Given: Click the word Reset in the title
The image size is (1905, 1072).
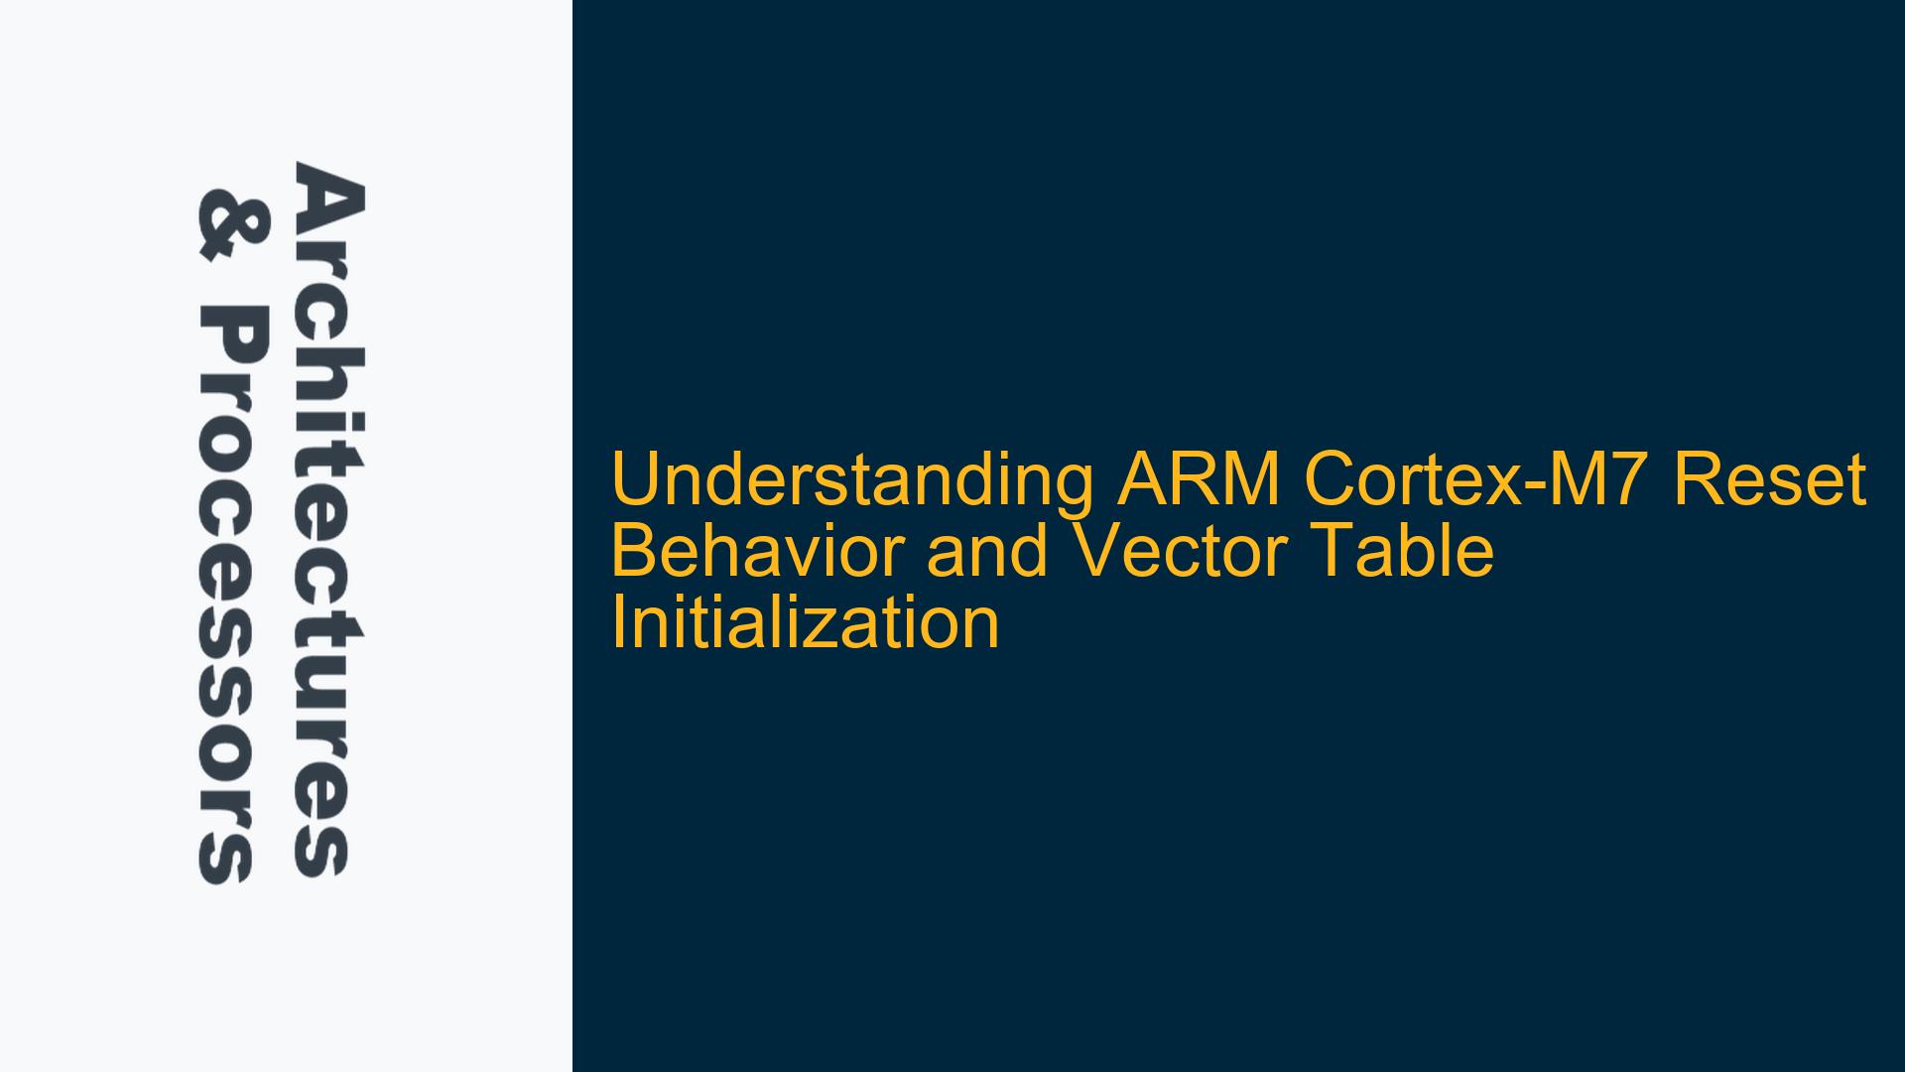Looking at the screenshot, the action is pos(1772,479).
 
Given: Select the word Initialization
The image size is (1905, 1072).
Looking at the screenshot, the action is pos(805,622).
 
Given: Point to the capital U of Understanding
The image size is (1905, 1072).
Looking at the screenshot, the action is pos(635,480).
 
